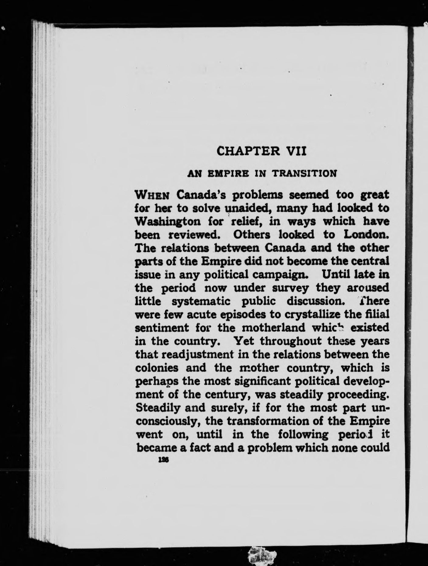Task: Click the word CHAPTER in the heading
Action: pyautogui.click(x=245, y=151)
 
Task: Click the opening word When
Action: pyautogui.click(x=152, y=194)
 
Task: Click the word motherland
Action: pyautogui.click(x=269, y=328)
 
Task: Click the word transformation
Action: pyautogui.click(x=259, y=421)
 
